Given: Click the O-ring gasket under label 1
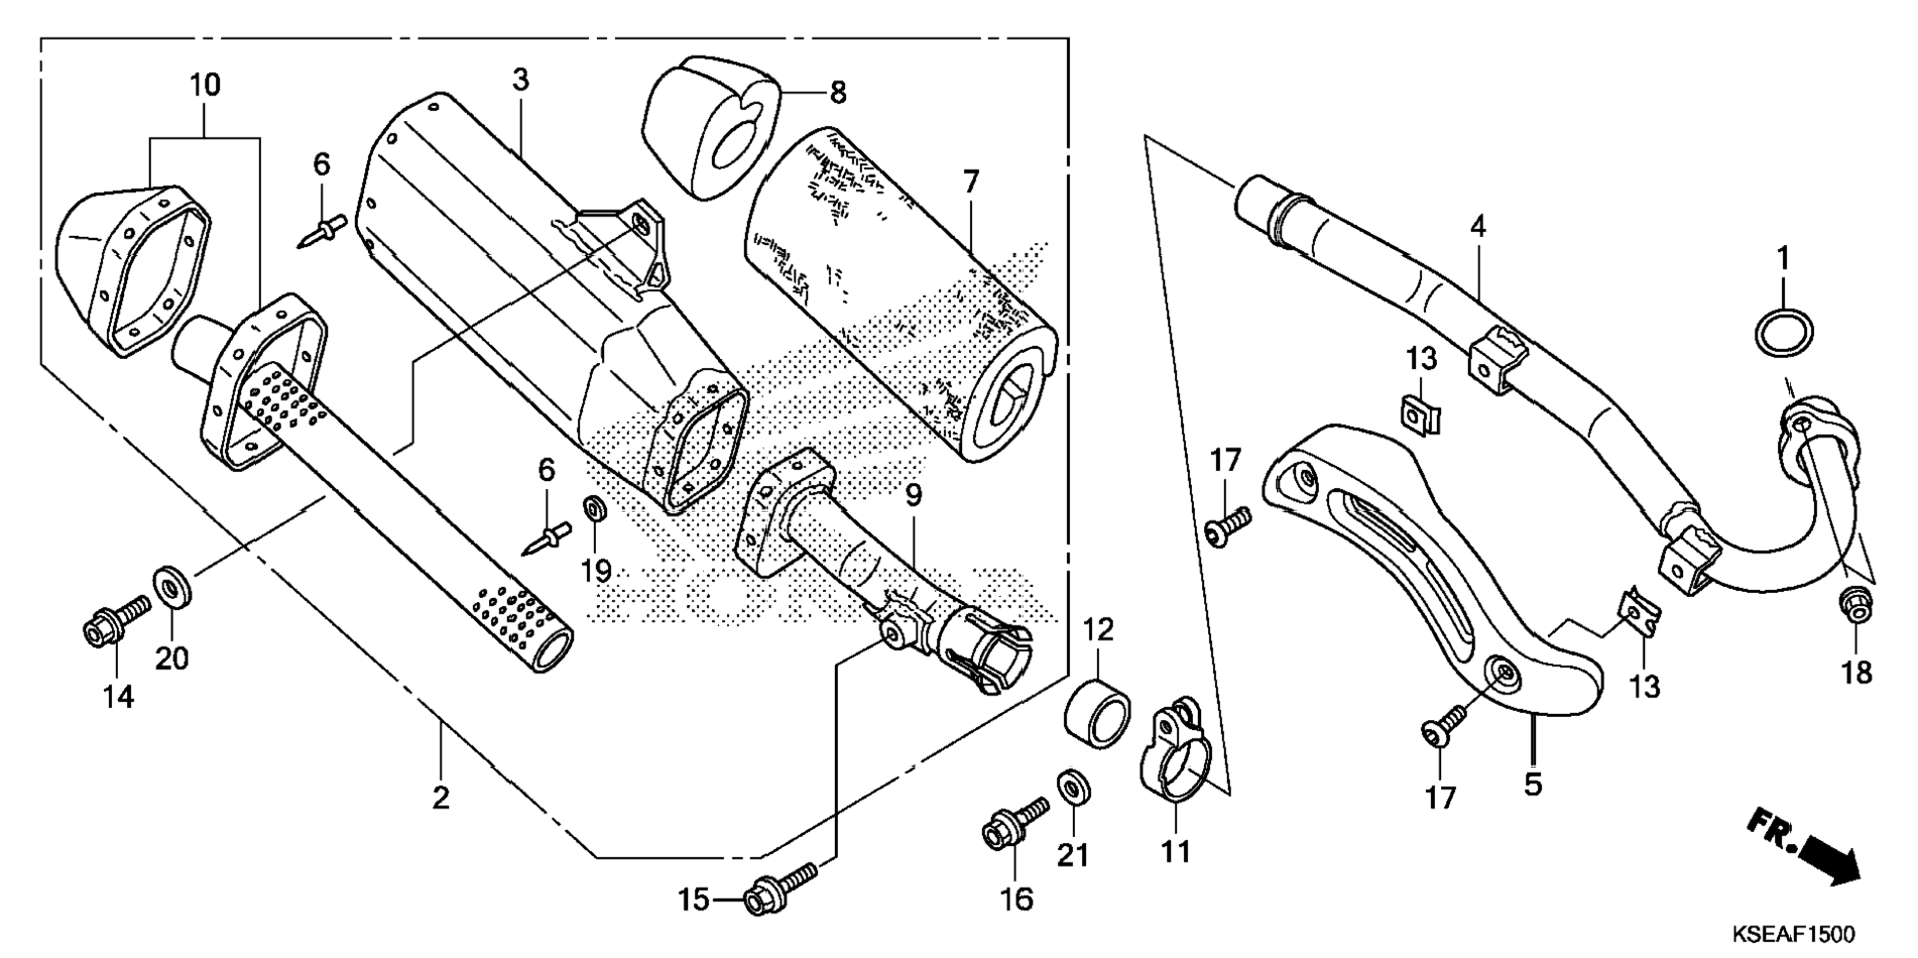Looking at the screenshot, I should coord(1785,332).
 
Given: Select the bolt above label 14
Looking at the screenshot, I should coord(116,618).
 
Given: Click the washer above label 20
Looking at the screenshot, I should coord(173,586).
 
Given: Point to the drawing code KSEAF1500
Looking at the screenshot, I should coord(1793,935).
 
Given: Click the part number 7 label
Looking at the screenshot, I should coord(970,182).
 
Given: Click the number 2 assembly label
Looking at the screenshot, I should coord(440,796).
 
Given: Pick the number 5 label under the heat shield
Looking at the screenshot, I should coord(1533,784).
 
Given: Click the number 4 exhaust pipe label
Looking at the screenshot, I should coord(1478,227).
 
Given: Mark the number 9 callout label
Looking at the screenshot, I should coord(912,493).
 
